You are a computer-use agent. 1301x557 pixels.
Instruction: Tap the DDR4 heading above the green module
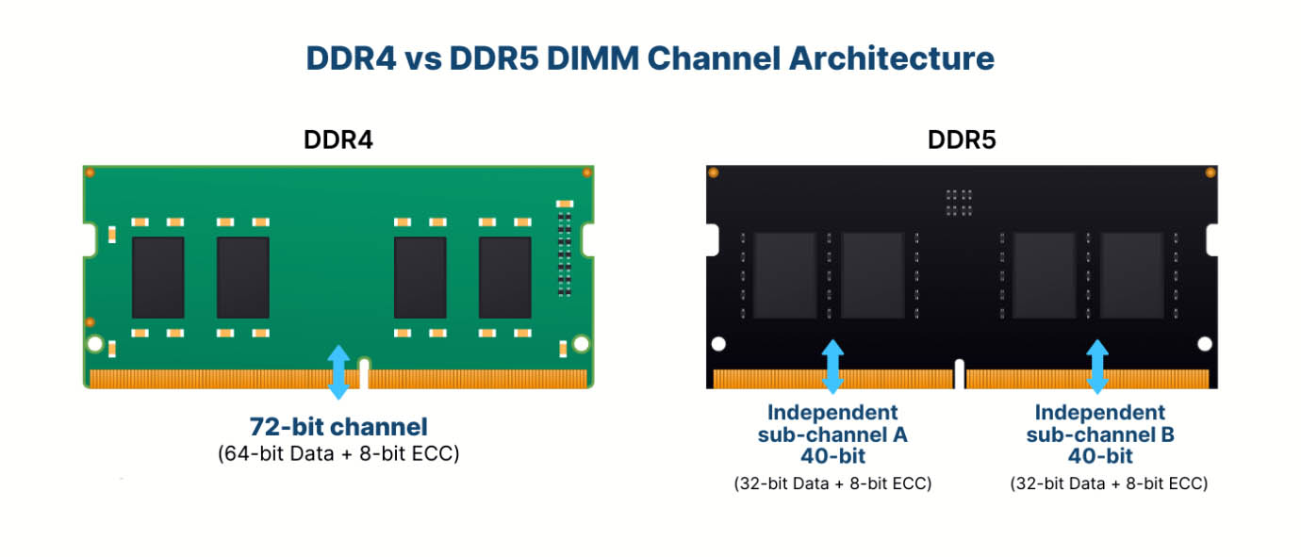tap(338, 140)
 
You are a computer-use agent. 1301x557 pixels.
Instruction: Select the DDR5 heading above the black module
tap(962, 140)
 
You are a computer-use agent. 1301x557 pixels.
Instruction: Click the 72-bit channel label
tap(338, 427)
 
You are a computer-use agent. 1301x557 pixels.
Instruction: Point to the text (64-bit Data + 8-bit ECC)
tap(338, 453)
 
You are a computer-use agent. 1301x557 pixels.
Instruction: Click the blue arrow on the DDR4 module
tap(338, 372)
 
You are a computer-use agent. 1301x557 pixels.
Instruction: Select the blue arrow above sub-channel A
tap(832, 367)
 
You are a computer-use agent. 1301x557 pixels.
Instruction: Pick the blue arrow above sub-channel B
tap(1097, 367)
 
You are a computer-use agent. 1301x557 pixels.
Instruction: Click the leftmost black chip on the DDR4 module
tap(158, 278)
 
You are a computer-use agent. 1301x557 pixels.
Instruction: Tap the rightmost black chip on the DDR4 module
tap(504, 278)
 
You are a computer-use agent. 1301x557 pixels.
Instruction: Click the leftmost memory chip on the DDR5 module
tap(785, 275)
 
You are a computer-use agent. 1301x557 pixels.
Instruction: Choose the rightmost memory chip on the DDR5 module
tap(1132, 275)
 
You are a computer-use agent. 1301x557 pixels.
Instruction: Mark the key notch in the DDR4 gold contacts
tap(364, 373)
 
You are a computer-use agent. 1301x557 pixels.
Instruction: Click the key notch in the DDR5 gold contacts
tap(960, 374)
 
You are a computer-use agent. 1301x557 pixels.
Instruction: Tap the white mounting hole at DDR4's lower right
tap(581, 344)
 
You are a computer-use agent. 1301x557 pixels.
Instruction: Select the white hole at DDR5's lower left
tap(718, 344)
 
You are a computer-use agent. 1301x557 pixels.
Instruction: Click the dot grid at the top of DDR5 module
tap(959, 203)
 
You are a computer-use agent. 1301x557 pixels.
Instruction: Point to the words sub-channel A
tap(832, 434)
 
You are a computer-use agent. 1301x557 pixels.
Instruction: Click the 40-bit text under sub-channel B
tap(1100, 456)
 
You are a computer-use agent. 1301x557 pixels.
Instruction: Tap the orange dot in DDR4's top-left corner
tap(90, 172)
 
